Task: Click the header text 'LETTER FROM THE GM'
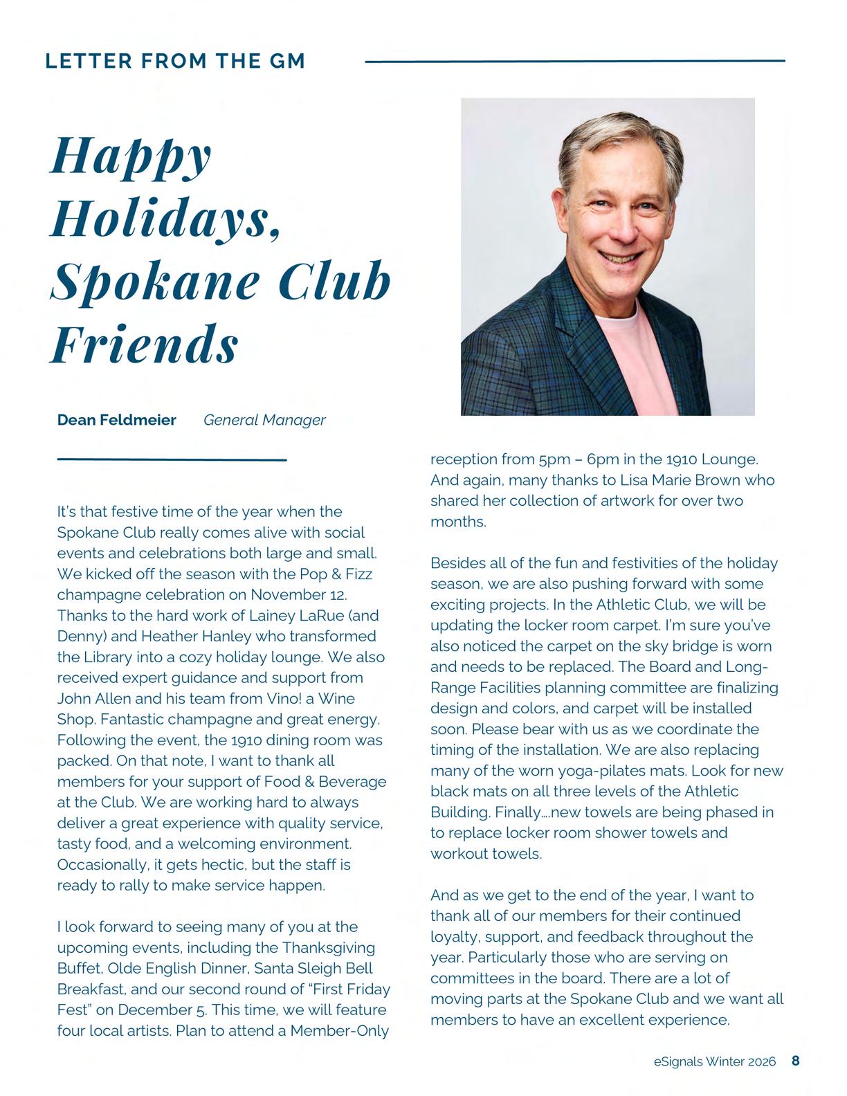point(175,61)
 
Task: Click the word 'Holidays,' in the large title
point(167,219)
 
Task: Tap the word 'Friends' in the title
point(145,344)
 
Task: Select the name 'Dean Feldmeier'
point(116,420)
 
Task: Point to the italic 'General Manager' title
point(264,420)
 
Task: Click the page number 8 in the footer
point(796,1061)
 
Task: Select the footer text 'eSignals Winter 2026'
point(714,1061)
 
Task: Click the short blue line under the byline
point(172,459)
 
